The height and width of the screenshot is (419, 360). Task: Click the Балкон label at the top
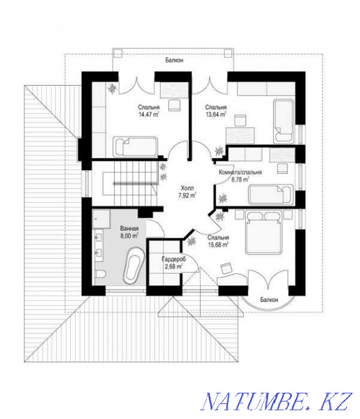click(174, 61)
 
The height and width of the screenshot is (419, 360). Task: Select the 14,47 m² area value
click(148, 114)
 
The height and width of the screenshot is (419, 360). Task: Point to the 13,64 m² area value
click(216, 114)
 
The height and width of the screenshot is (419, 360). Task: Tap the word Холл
click(187, 187)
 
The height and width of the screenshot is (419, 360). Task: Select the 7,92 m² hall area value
click(187, 194)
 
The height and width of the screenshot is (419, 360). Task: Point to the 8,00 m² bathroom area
click(129, 236)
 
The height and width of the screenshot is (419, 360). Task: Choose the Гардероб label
click(172, 259)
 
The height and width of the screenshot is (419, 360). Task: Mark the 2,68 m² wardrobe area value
click(173, 266)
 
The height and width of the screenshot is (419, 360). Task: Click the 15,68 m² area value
click(218, 245)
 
